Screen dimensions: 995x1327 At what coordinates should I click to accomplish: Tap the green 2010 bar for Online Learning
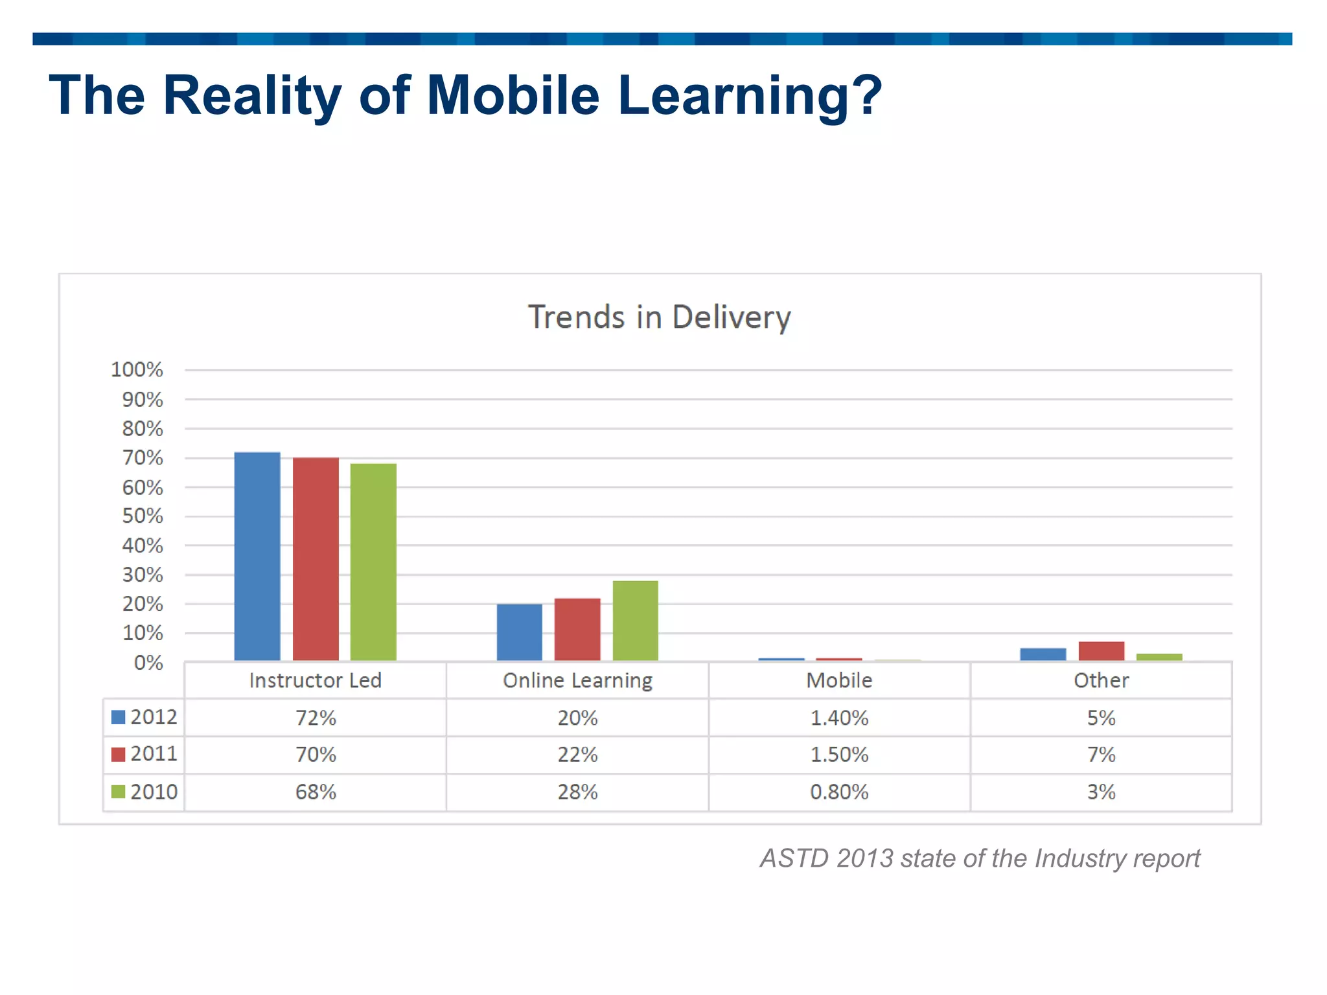tap(635, 620)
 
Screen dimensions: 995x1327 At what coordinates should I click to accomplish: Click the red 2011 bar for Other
tap(1101, 650)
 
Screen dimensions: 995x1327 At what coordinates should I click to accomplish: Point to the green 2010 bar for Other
tap(1159, 657)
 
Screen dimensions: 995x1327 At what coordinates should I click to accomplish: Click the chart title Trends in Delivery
tap(659, 317)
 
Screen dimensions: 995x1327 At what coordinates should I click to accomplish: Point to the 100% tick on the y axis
tap(137, 370)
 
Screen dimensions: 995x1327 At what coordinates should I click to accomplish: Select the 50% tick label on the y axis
tap(143, 516)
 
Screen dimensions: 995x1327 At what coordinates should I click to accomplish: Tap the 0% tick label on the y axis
tap(148, 663)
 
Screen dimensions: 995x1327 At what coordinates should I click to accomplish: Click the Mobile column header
tap(839, 680)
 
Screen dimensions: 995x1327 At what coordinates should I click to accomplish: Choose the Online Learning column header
tap(577, 680)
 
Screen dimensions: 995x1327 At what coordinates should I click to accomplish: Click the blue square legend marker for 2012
tap(118, 717)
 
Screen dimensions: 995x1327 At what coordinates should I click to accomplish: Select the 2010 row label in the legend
tap(154, 792)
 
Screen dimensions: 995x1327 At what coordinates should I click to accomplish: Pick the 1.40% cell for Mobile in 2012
tap(839, 718)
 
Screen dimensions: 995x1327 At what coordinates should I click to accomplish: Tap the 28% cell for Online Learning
tap(577, 792)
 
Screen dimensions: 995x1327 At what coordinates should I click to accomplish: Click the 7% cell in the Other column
tap(1101, 755)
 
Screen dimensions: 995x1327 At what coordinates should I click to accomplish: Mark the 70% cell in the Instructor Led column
tap(316, 755)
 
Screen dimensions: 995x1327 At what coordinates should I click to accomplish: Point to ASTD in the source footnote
tap(794, 858)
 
